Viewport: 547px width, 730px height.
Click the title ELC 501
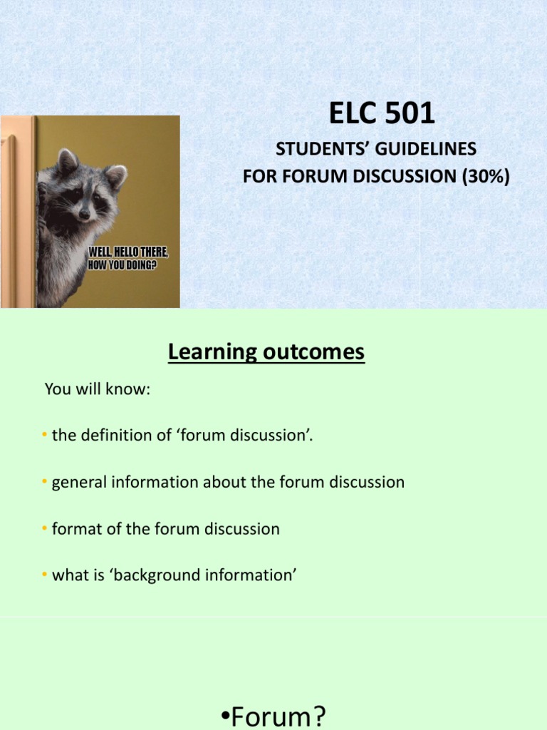point(381,114)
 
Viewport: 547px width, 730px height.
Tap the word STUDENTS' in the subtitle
point(308,150)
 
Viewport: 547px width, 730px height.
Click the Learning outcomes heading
point(266,351)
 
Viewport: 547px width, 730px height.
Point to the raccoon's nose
point(84,213)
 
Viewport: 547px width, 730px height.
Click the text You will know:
point(98,389)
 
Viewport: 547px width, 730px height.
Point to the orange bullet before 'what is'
point(44,575)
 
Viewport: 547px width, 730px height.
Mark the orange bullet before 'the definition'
point(44,436)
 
